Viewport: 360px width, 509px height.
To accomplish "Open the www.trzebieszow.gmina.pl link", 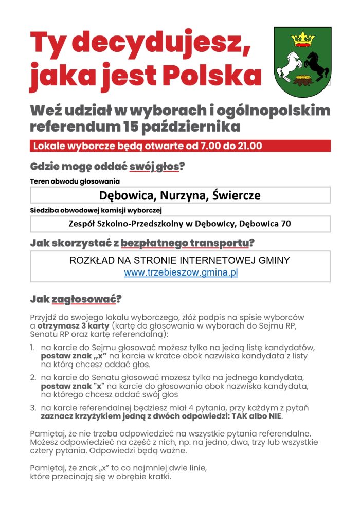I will (x=181, y=273).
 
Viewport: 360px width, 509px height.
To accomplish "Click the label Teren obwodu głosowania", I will (x=75, y=181).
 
